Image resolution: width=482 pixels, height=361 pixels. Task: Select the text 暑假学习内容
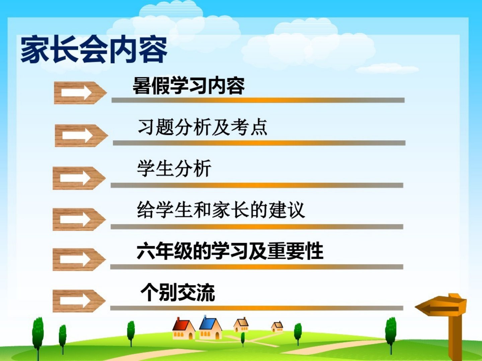(189, 86)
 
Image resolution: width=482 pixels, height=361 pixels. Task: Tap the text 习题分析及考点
(203, 127)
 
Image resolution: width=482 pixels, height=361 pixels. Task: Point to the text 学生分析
(174, 168)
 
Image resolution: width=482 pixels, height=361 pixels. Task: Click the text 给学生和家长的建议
(221, 210)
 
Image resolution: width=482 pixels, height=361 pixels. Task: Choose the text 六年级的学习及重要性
(230, 251)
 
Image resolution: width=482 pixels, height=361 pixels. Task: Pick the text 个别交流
(178, 292)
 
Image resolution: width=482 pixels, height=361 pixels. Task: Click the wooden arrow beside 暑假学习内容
(80, 93)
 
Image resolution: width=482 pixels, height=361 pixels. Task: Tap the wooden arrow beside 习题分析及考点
(81, 135)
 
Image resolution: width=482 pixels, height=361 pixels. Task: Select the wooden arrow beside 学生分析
(79, 178)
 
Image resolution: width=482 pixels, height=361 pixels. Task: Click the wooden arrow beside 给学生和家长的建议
(79, 219)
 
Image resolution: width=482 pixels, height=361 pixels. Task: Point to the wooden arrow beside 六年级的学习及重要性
(79, 259)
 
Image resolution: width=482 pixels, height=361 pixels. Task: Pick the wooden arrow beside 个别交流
(79, 301)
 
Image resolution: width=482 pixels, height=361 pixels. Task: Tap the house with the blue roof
(210, 328)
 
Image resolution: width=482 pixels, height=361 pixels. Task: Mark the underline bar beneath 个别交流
(257, 308)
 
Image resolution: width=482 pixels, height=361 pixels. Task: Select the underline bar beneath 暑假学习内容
(258, 100)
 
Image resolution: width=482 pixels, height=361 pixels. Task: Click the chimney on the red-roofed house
(178, 320)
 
